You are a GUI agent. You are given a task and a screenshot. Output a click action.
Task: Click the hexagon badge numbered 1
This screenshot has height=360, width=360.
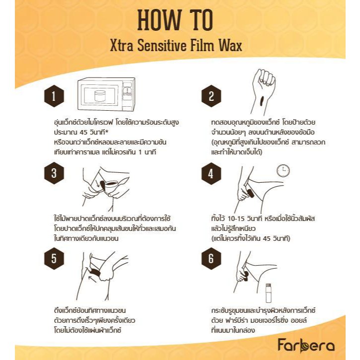click(x=54, y=96)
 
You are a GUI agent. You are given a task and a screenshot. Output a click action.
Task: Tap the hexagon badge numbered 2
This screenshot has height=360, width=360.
click(x=211, y=96)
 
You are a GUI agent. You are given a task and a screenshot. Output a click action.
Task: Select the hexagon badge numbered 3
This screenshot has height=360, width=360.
click(x=54, y=173)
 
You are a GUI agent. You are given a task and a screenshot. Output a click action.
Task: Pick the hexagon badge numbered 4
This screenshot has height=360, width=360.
click(x=211, y=174)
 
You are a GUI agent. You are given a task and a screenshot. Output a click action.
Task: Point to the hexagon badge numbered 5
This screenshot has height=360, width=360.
click(x=54, y=258)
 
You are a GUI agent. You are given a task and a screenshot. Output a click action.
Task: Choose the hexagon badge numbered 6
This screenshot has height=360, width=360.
click(x=211, y=258)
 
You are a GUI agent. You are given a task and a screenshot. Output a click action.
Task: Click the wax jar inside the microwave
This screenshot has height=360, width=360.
click(x=100, y=96)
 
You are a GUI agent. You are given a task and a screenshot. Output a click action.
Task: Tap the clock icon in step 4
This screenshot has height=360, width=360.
click(x=283, y=171)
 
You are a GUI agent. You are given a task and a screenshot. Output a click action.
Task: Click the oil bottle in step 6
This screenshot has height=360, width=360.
click(x=268, y=293)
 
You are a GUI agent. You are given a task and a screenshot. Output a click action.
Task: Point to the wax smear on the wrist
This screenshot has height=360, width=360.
click(x=261, y=101)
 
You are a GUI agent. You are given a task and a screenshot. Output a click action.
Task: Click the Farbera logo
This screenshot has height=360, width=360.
click(x=306, y=345)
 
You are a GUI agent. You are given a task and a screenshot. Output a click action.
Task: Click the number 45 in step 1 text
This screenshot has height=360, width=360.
click(x=85, y=133)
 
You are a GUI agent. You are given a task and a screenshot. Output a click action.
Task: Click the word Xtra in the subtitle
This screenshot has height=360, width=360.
click(x=122, y=46)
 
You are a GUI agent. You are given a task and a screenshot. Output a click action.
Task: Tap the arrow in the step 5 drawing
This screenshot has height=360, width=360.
click(x=93, y=279)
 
